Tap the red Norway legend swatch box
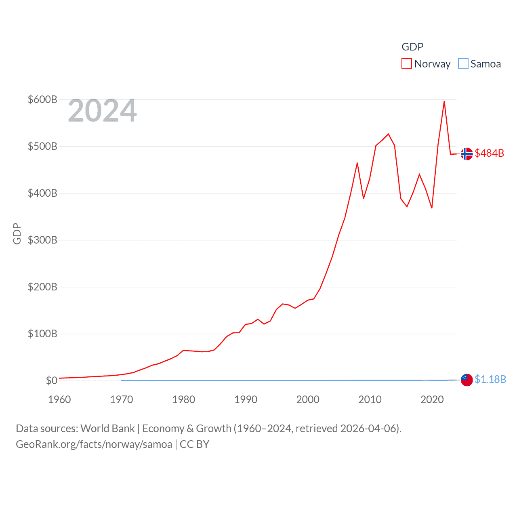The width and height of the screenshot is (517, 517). (407, 64)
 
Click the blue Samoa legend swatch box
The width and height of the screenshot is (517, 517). (463, 64)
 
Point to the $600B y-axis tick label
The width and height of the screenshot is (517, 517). (42, 99)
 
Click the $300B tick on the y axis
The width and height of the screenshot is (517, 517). (42, 240)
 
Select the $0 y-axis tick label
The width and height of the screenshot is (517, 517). (51, 380)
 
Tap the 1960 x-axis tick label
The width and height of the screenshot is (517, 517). (59, 399)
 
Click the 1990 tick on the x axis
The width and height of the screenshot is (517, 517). (246, 399)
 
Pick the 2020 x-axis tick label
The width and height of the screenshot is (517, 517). (432, 399)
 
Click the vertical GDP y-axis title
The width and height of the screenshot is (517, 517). (17, 233)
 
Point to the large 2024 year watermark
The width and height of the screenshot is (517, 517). (102, 111)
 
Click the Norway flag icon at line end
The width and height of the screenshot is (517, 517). (467, 154)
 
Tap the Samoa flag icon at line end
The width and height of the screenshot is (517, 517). (467, 380)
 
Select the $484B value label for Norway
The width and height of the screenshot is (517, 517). (490, 153)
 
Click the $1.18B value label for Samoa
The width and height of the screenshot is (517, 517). (490, 379)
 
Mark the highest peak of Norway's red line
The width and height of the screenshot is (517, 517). (444, 101)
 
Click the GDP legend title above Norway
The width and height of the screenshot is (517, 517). (412, 47)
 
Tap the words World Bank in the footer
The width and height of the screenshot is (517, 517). (108, 428)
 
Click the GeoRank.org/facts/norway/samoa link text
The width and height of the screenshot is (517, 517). (94, 444)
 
